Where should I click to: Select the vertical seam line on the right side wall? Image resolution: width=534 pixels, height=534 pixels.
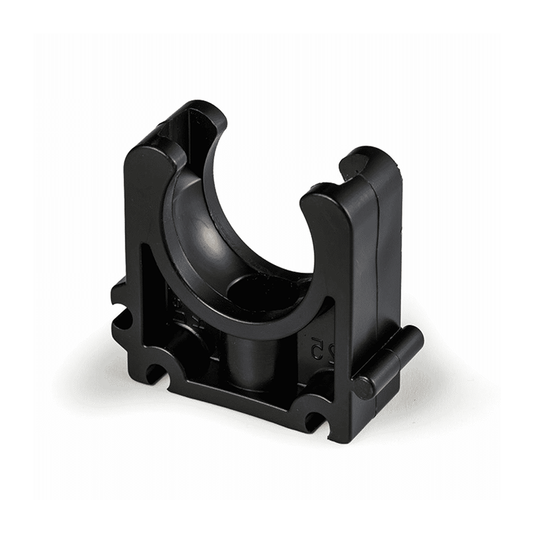377,267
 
